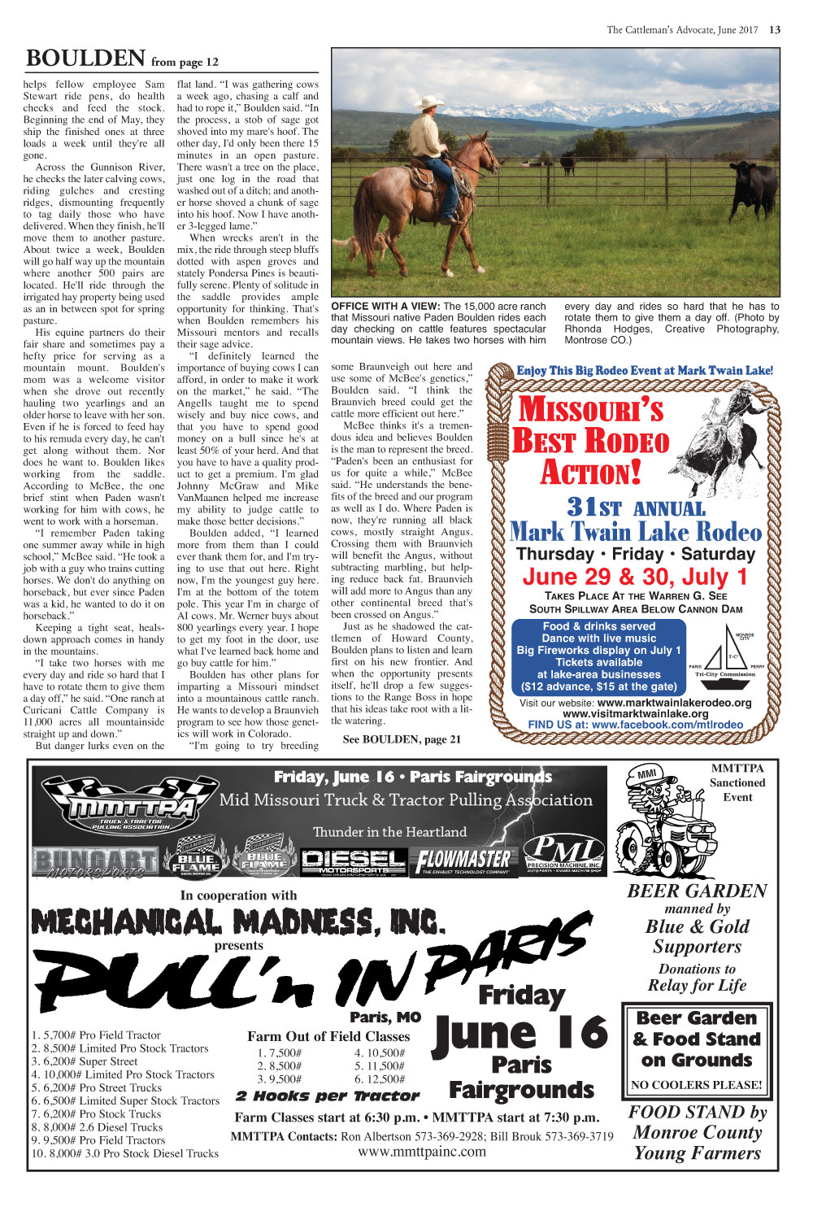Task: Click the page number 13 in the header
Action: pos(774,30)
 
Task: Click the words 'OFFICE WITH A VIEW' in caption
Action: pos(385,307)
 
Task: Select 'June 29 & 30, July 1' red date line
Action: pos(635,577)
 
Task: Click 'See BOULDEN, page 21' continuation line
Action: pos(402,739)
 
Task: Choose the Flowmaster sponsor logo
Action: pos(464,860)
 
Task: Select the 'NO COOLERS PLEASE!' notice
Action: pos(697,1085)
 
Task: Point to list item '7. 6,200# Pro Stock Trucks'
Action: pos(97,1113)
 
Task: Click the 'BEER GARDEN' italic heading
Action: pos(697,891)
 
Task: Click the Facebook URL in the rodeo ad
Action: pos(635,725)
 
